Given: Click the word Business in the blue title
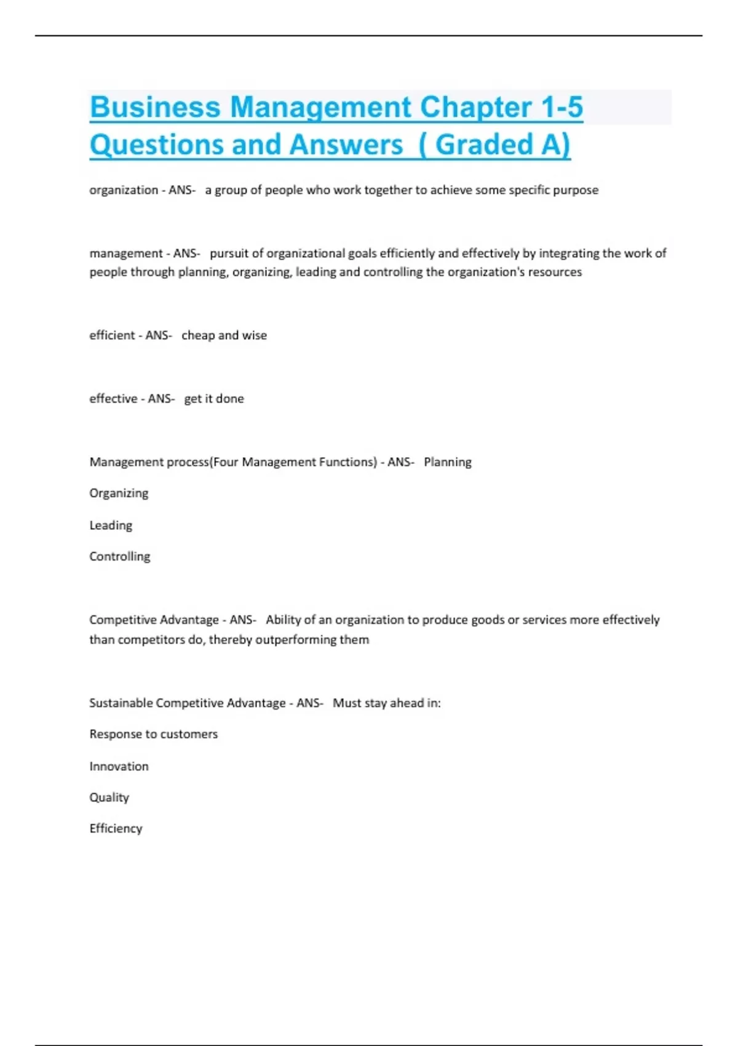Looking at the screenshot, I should pyautogui.click(x=155, y=107).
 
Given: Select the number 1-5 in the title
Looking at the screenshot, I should pyautogui.click(x=562, y=107).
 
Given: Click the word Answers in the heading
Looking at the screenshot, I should pyautogui.click(x=346, y=145).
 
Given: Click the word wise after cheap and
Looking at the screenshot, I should pyautogui.click(x=254, y=335).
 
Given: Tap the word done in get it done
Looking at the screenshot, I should pyautogui.click(x=229, y=399).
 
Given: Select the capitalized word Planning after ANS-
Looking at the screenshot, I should pyautogui.click(x=448, y=462).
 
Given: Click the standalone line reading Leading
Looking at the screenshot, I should pyautogui.click(x=111, y=525).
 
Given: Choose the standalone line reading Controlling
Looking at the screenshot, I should pyautogui.click(x=119, y=556).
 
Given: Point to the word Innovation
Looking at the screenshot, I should pyautogui.click(x=119, y=767).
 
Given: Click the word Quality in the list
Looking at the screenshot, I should pyautogui.click(x=109, y=797).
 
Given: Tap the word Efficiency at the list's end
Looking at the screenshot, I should pyautogui.click(x=116, y=829).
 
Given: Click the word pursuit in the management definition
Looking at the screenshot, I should pyautogui.click(x=229, y=253).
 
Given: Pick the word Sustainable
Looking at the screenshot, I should pyautogui.click(x=121, y=703).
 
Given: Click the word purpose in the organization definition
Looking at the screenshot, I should pyautogui.click(x=575, y=190).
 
